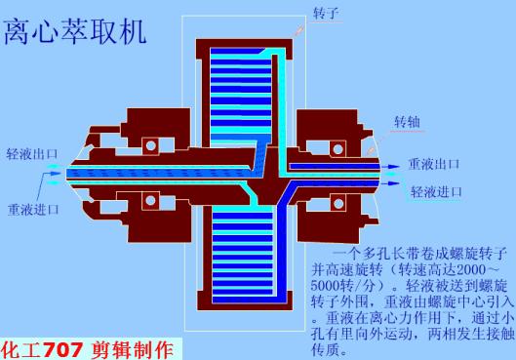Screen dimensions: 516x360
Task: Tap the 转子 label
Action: click(326, 14)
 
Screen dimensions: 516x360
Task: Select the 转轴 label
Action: click(407, 122)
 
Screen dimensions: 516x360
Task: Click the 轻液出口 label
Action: click(33, 154)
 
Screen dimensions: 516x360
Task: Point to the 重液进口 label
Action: click(34, 209)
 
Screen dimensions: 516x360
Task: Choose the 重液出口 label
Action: click(434, 164)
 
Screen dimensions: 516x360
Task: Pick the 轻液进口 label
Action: click(437, 191)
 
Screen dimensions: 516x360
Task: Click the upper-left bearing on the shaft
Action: click(151, 146)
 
